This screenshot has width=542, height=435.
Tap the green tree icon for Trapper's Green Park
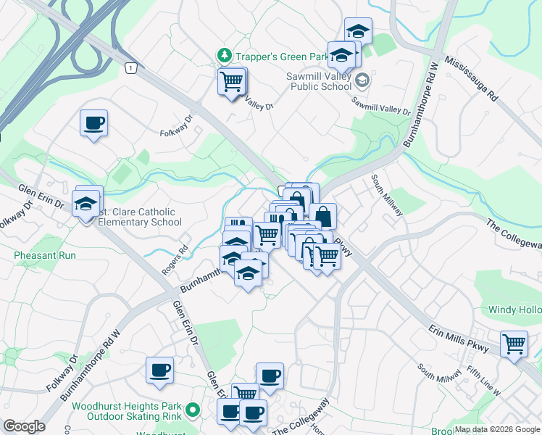pyautogui.click(x=224, y=55)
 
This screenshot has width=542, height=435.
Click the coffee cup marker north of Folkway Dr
pyautogui.click(x=93, y=123)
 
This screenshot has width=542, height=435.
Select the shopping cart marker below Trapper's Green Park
pyautogui.click(x=232, y=81)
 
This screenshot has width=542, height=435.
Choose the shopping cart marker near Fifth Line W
pyautogui.click(x=514, y=342)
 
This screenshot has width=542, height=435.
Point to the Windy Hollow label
pyautogui.click(x=514, y=310)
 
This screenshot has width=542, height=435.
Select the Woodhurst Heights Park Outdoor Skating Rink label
pyautogui.click(x=129, y=411)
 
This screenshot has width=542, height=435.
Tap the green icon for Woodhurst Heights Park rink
pyautogui.click(x=192, y=411)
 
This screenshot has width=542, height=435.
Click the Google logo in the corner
pyautogui.click(x=24, y=426)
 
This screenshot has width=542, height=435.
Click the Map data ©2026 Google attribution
pyautogui.click(x=497, y=430)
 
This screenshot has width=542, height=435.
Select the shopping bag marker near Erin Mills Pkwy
pyautogui.click(x=322, y=216)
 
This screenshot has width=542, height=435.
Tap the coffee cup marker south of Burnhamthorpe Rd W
pyautogui.click(x=159, y=370)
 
